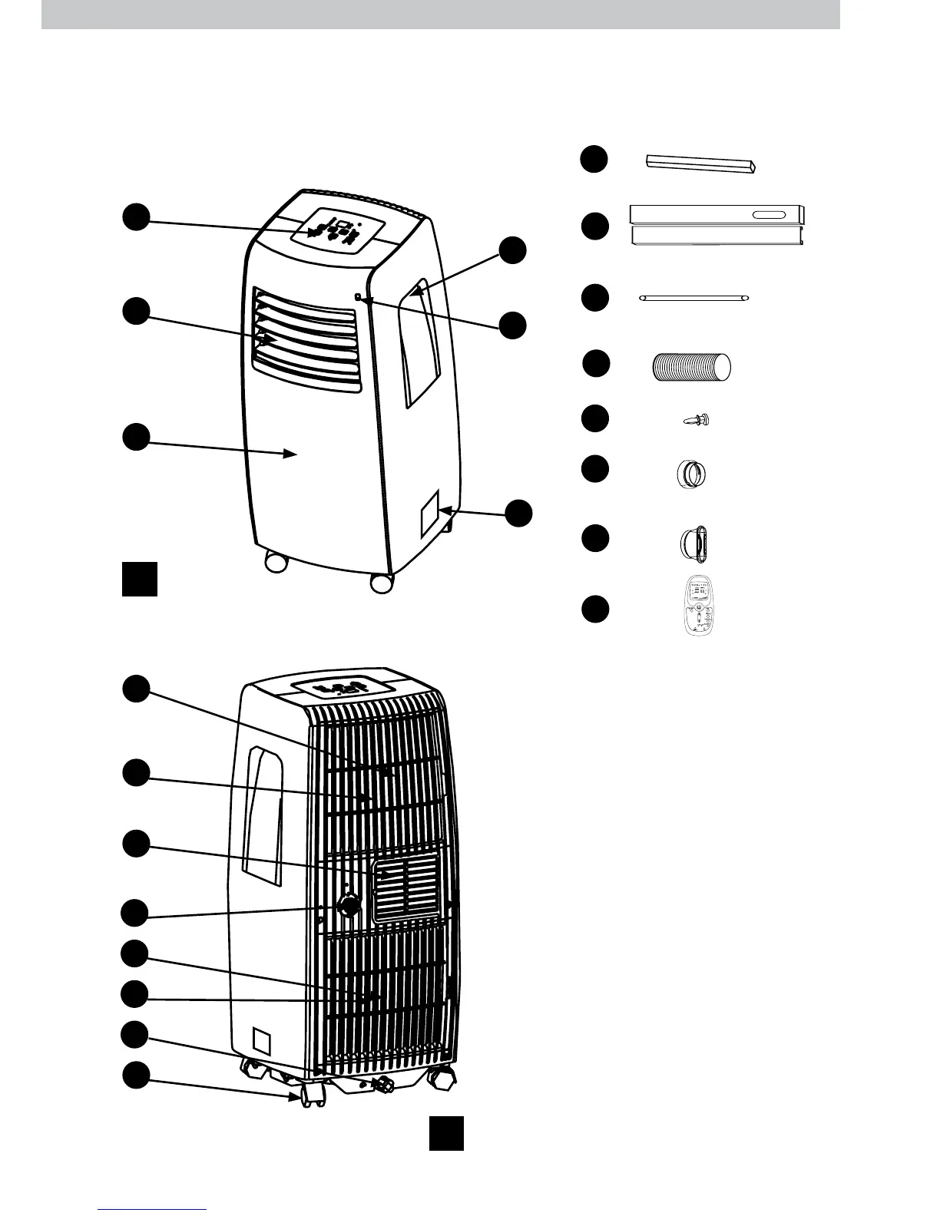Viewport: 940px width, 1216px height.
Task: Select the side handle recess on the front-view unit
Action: coord(420,345)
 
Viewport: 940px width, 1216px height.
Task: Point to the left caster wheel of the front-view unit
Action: coord(274,563)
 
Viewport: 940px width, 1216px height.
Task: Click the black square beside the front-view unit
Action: coord(140,578)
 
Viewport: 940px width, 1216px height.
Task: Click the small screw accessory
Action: coord(697,420)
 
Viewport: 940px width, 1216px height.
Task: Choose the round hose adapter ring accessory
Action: coord(691,473)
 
